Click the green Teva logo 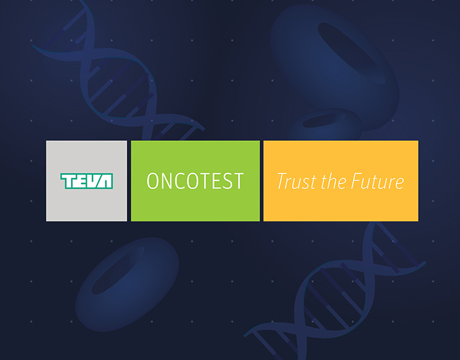(x=87, y=181)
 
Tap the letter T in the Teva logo (x=67, y=181)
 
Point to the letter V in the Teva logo (x=92, y=181)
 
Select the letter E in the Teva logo (x=81, y=181)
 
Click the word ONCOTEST (x=195, y=181)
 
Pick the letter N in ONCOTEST (x=167, y=181)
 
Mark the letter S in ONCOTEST (x=227, y=181)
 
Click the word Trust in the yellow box (x=297, y=181)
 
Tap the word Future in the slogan (x=377, y=181)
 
